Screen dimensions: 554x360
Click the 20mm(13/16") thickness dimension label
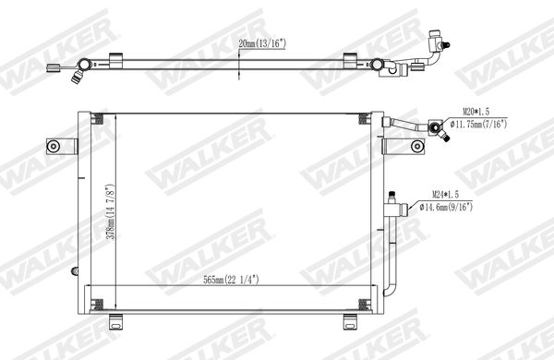tap(262, 43)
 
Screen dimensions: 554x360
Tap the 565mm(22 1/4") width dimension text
tap(231, 280)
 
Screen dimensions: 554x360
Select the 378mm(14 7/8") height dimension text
tap(112, 211)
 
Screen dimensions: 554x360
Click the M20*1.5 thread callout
tap(476, 112)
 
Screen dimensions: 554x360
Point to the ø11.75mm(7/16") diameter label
tap(479, 124)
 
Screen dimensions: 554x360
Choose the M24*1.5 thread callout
tap(446, 195)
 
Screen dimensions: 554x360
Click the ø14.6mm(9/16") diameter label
tap(446, 207)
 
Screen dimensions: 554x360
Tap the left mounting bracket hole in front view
tap(54, 146)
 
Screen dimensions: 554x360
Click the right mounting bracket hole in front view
tap(417, 146)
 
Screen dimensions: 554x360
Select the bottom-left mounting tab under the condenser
tap(115, 321)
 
